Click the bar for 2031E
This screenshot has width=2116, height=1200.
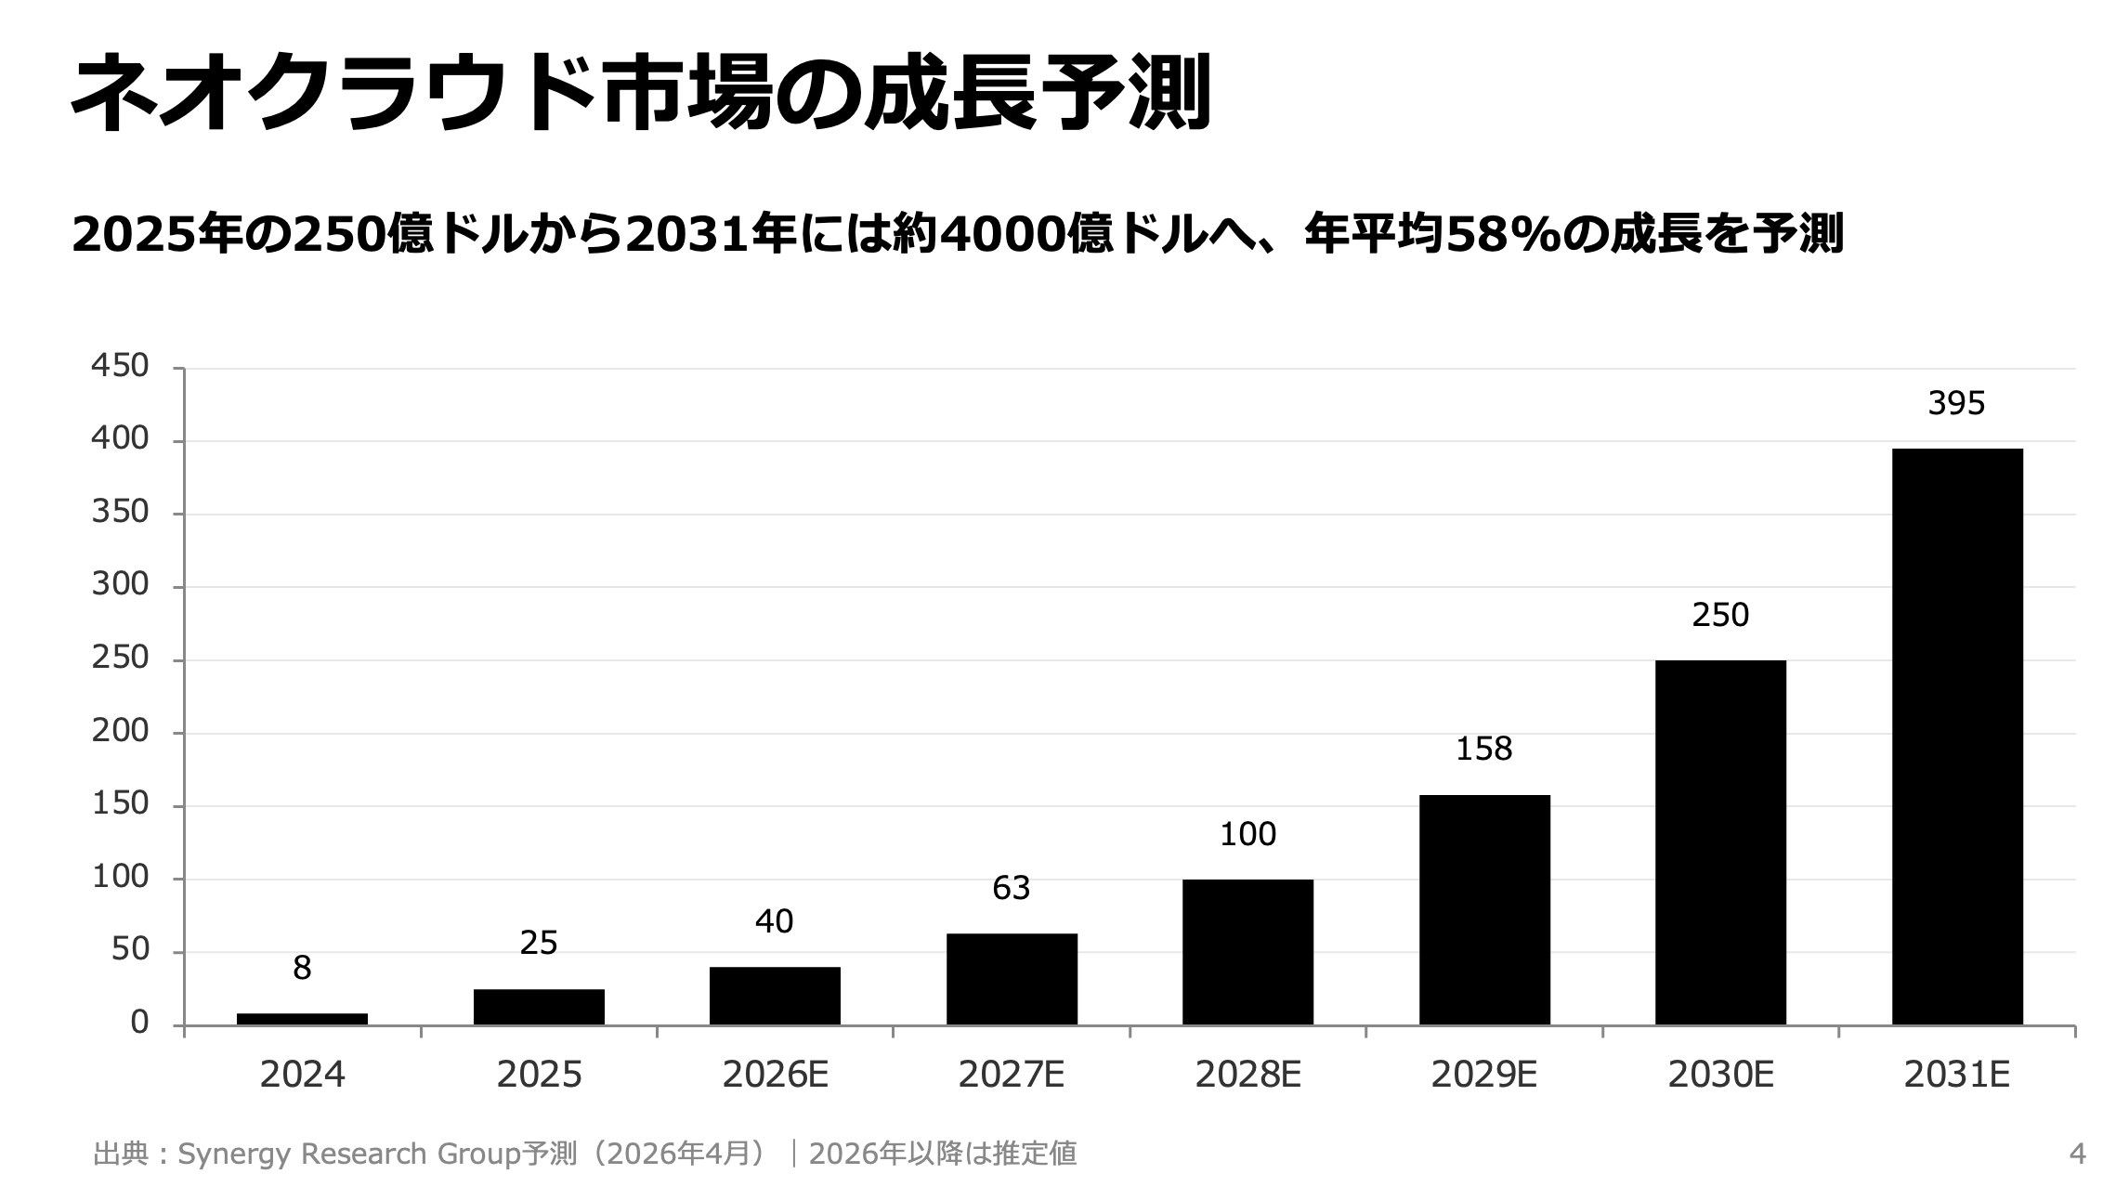1956,736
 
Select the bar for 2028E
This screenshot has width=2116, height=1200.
1247,951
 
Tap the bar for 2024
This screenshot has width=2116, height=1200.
302,1019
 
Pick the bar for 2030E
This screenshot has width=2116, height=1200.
1720,841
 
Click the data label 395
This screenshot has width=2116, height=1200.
1956,403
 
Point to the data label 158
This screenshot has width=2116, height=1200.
1483,749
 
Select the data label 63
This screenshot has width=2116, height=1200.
1011,889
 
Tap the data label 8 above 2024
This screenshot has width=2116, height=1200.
302,969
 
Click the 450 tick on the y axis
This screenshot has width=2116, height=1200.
120,366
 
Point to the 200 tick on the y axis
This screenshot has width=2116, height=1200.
120,731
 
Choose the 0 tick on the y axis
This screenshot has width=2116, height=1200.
139,1023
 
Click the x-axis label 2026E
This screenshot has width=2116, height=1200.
775,1075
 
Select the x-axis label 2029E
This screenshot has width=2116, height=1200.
1483,1075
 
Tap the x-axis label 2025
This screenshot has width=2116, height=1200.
539,1075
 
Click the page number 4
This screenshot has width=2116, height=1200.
2077,1154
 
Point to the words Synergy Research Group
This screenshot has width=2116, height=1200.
347,1154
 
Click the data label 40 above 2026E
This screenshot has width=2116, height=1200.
774,921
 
